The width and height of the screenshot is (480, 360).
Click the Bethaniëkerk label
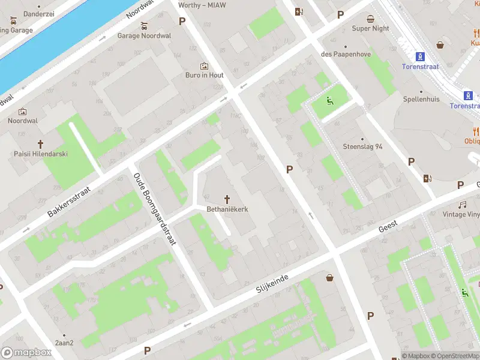[227, 209]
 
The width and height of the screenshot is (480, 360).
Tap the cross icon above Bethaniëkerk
[227, 199]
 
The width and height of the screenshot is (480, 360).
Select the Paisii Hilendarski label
[41, 154]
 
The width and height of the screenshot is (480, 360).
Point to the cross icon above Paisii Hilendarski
[41, 143]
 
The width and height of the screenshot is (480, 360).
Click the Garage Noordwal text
[144, 36]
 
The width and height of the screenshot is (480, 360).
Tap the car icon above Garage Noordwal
[143, 26]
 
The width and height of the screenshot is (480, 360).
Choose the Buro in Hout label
[204, 76]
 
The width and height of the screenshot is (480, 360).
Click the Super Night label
[370, 29]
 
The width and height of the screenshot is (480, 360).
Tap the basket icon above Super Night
[370, 19]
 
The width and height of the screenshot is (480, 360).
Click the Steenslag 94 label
[362, 146]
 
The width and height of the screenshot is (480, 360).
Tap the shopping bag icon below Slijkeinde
[329, 277]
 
